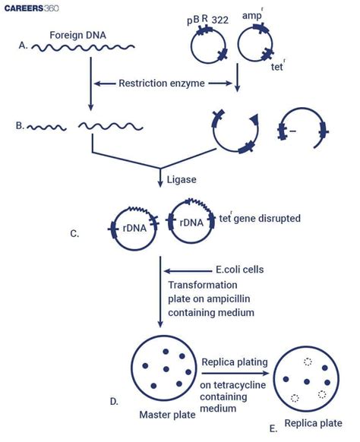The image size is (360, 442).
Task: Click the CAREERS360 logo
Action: pyautogui.click(x=36, y=10)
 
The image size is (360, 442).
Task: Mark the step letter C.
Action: pyautogui.click(x=74, y=234)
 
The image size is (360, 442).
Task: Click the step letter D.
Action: pyautogui.click(x=115, y=400)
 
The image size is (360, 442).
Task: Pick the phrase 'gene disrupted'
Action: pyautogui.click(x=265, y=219)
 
